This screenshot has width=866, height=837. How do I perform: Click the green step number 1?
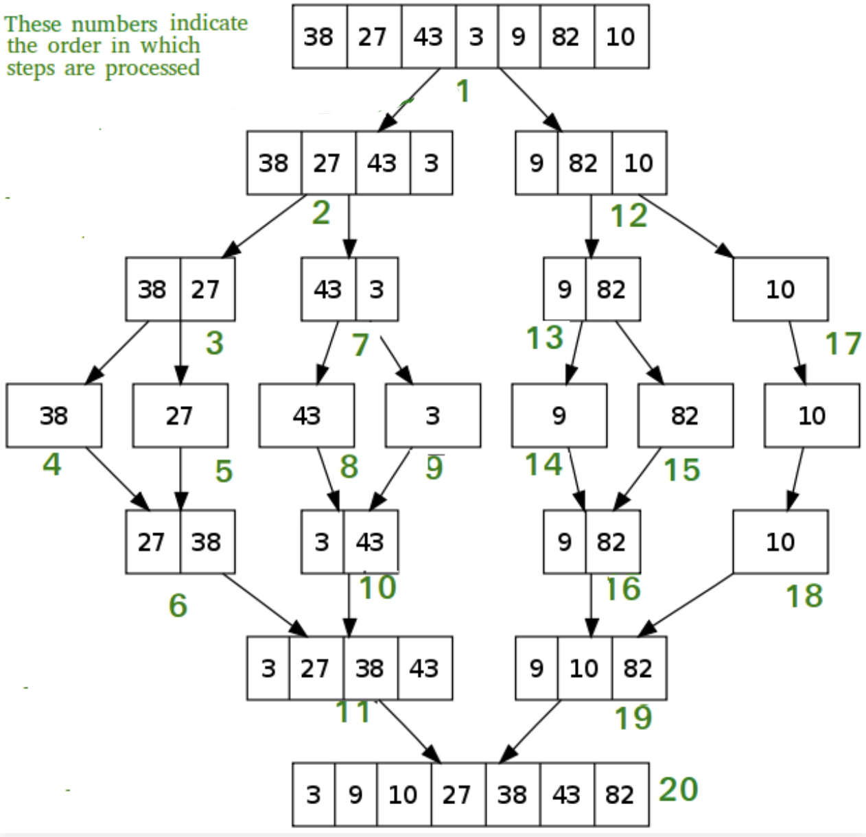click(464, 91)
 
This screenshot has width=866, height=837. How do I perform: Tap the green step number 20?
click(678, 790)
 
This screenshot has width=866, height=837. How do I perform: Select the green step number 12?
click(629, 216)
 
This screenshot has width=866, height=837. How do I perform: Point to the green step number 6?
click(178, 605)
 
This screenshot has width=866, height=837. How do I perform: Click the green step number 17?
click(843, 344)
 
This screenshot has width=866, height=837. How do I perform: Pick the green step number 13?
click(545, 338)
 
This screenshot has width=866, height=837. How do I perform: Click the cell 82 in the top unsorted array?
click(567, 36)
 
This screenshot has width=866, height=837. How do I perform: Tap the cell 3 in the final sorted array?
click(314, 794)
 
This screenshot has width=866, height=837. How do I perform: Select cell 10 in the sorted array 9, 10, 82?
click(585, 668)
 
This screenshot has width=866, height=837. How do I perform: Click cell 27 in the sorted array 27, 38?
click(152, 542)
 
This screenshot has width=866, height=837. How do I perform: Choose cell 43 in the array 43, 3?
click(329, 290)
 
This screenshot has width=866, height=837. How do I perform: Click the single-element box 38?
click(54, 416)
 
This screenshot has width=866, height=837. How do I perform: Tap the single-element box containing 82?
click(686, 416)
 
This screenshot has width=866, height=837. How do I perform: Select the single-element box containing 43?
click(307, 416)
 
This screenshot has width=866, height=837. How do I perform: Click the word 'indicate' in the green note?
click(209, 23)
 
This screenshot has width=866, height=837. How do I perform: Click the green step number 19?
click(633, 718)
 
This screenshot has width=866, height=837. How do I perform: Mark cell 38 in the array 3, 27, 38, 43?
click(371, 668)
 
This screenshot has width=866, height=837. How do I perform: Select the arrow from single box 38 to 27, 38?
click(118, 479)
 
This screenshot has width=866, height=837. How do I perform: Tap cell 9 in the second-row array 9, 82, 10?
click(537, 163)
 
